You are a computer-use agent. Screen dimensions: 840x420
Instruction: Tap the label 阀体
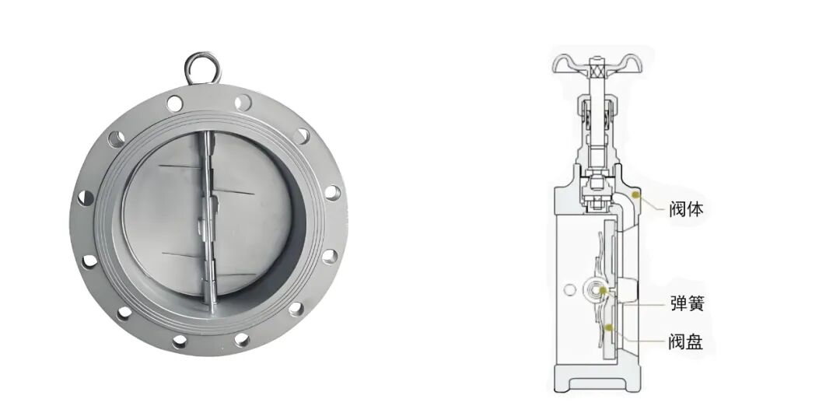coord(686,209)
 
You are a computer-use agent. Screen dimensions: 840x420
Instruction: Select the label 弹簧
coord(686,303)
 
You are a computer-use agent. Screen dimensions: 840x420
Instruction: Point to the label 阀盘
coord(686,341)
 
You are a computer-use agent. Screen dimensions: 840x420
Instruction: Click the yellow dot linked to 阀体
coord(636,194)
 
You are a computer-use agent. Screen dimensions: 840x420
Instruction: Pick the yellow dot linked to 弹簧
coord(603,290)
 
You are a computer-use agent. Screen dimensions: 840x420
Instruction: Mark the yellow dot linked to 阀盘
coord(608,327)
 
